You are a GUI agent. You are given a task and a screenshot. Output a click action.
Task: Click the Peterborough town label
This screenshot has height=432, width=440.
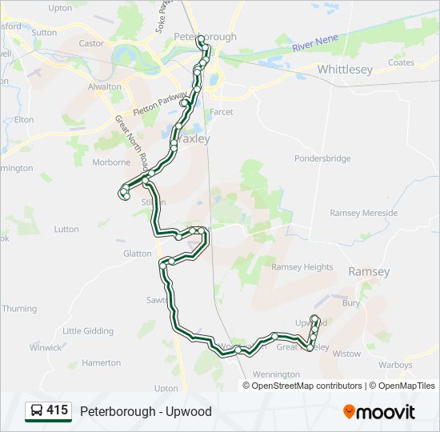[x=206, y=37]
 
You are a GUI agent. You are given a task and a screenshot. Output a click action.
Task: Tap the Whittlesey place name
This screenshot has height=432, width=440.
[x=345, y=70]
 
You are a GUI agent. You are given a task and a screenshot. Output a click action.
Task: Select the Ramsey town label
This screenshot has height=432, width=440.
[x=369, y=272]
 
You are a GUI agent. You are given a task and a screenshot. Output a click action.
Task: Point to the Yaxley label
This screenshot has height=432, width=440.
[x=193, y=138]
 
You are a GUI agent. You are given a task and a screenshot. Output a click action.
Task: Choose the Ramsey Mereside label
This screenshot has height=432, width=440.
[x=363, y=213]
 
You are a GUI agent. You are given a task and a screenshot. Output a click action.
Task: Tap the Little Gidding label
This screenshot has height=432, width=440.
[x=87, y=330]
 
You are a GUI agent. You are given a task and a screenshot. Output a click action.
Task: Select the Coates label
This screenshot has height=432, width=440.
[x=401, y=62]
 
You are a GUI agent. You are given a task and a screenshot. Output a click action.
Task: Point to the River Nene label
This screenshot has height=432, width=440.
[x=315, y=43]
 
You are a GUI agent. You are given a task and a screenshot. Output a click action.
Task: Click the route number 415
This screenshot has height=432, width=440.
[x=57, y=410]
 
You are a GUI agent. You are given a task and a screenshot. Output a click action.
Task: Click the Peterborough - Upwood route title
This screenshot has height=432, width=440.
[x=146, y=411]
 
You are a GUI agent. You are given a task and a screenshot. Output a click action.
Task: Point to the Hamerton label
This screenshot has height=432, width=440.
[x=101, y=362]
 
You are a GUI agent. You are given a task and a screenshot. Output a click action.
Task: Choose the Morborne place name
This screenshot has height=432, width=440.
[x=110, y=162]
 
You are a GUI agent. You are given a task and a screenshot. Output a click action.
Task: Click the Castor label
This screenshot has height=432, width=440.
[x=92, y=43]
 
